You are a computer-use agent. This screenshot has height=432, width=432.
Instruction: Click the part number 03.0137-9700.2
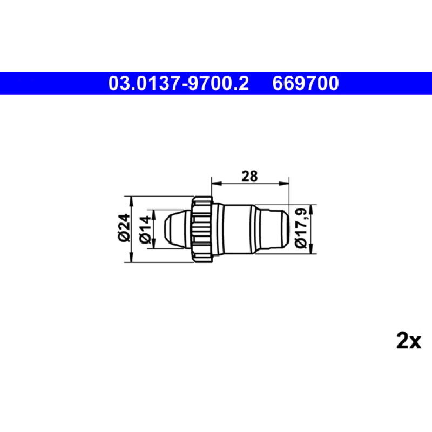(x=178, y=83)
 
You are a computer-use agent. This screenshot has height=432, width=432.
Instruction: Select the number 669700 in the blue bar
(x=306, y=83)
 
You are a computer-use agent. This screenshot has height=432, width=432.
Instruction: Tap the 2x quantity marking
(x=409, y=341)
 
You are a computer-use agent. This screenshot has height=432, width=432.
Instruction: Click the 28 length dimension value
(x=249, y=177)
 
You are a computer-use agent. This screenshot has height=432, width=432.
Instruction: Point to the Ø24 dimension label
(x=124, y=228)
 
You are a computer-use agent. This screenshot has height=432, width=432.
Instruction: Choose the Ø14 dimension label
(x=145, y=230)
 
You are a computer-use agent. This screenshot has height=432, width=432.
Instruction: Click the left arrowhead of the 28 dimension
(x=217, y=184)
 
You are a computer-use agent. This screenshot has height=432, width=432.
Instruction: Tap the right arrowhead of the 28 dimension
(x=284, y=184)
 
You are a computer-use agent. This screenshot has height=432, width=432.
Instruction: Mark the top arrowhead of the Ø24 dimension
(x=131, y=201)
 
